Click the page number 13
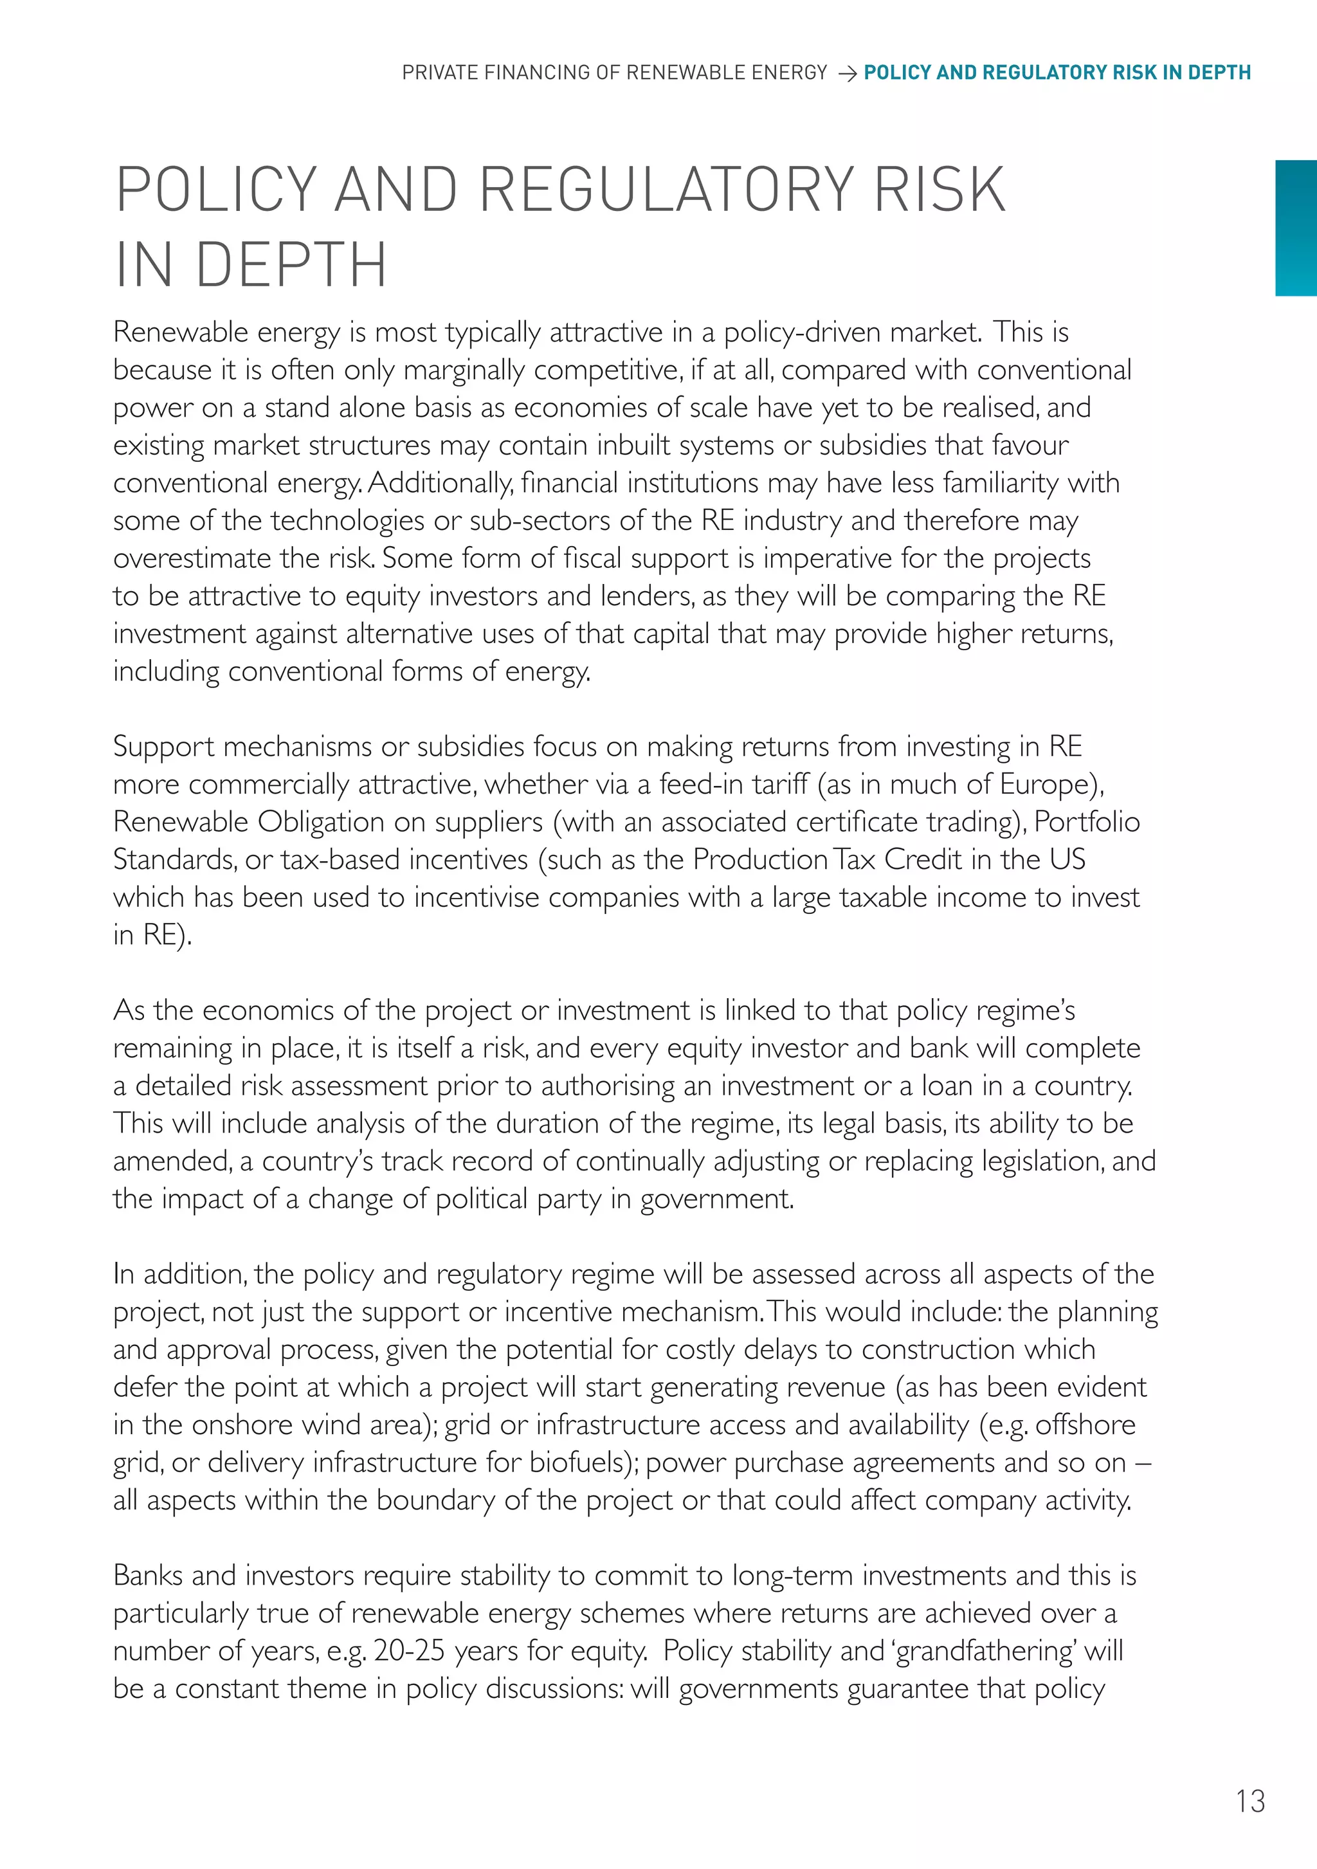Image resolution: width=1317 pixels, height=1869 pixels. (1250, 1801)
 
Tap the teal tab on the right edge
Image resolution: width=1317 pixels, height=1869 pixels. (1296, 228)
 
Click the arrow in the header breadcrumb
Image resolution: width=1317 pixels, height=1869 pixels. (846, 74)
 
